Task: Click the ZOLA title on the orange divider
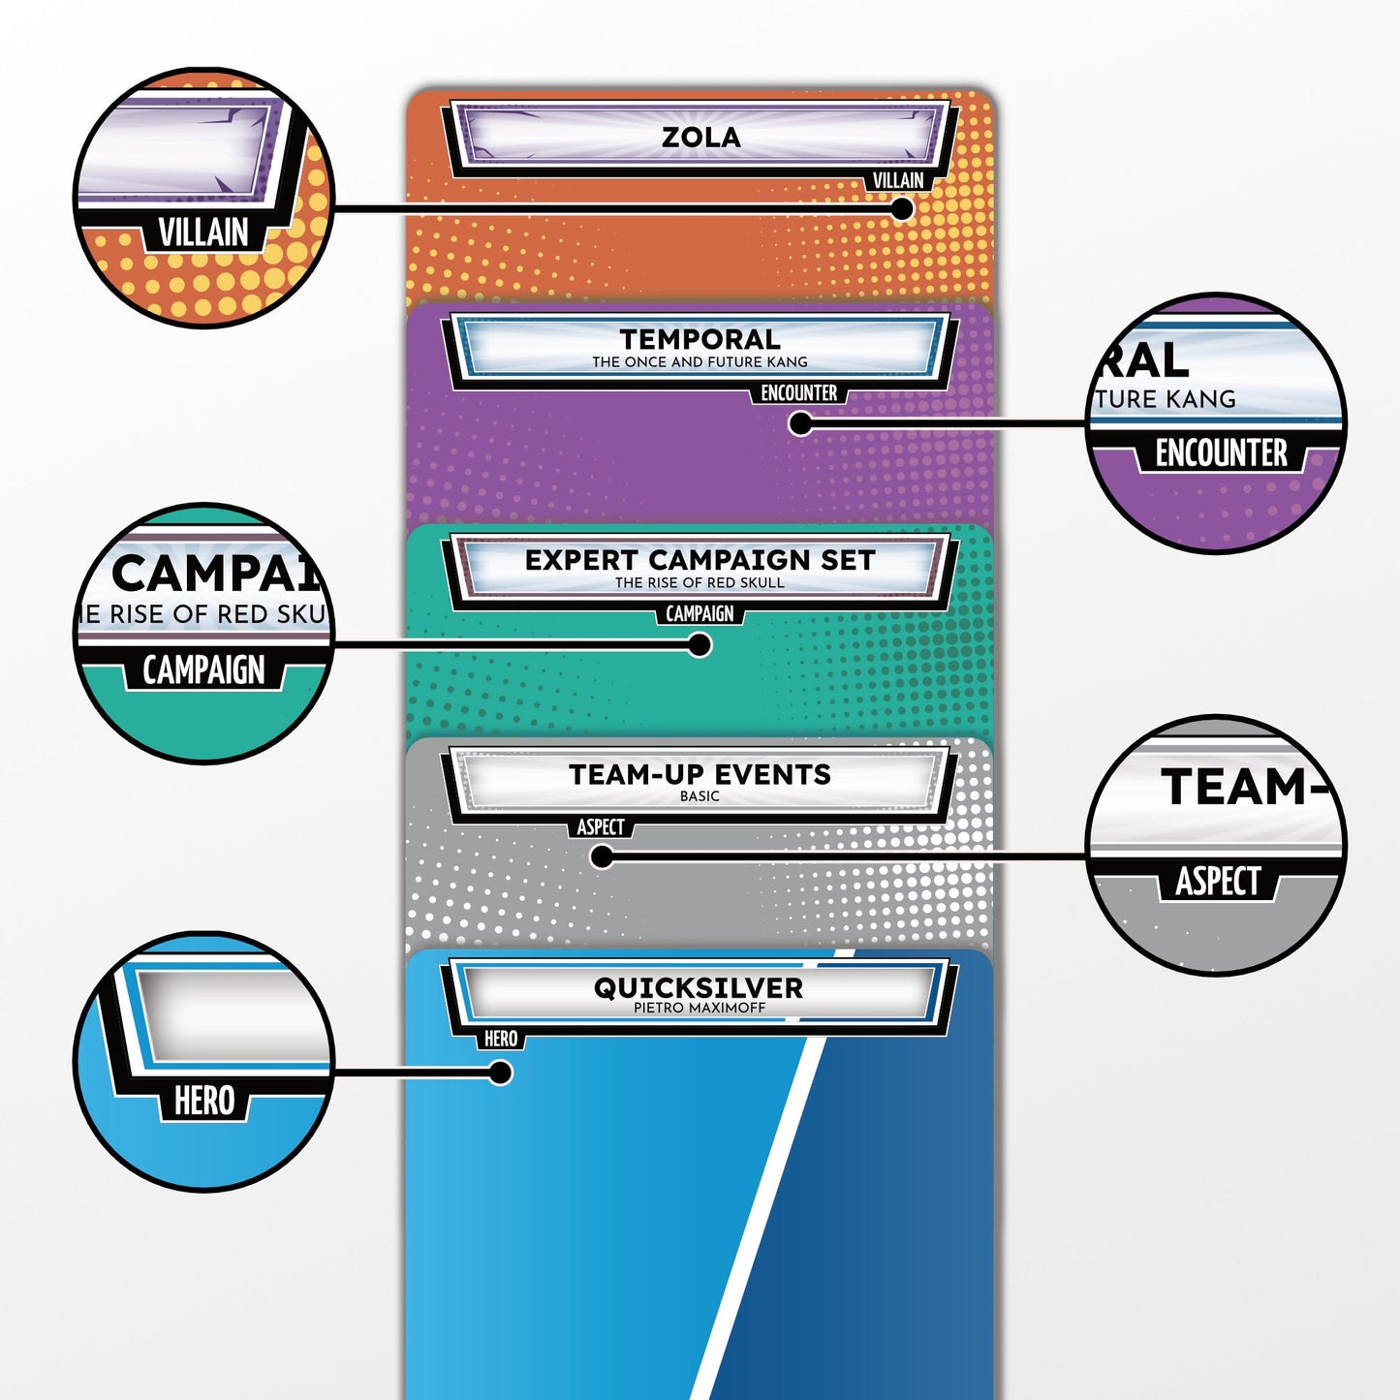coord(700,138)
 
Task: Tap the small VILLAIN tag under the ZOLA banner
coord(897,180)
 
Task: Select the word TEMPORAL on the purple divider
coord(700,339)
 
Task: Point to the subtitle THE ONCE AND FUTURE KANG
coord(700,362)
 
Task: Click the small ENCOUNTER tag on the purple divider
coord(798,393)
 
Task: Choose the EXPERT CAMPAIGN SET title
coord(700,560)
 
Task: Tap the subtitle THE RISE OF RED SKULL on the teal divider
coord(700,582)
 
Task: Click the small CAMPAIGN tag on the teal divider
coord(700,613)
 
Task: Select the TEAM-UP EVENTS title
coord(700,774)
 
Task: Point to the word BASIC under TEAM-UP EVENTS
coord(700,796)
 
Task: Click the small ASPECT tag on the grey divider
coord(601,826)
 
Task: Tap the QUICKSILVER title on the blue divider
coord(699,987)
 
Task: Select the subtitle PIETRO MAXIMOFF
coord(700,1008)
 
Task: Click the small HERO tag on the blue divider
coord(500,1039)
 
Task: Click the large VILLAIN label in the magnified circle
coord(203,233)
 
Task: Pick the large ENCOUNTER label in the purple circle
coord(1221,452)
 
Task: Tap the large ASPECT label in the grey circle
coord(1218,881)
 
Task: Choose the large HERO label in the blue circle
coord(203,1101)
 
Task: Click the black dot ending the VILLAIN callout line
coord(901,208)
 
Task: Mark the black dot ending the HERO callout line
coord(500,1073)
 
